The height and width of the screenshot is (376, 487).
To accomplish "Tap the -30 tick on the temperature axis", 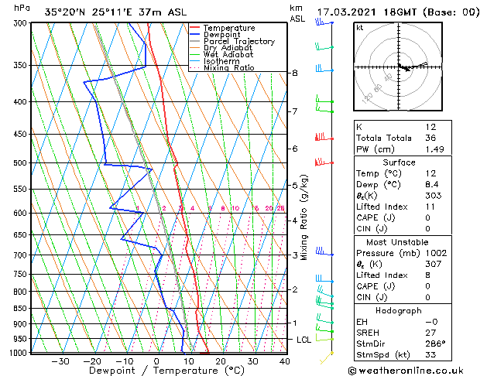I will (x=60, y=361).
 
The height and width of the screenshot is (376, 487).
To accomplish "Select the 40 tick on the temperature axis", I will (x=284, y=361).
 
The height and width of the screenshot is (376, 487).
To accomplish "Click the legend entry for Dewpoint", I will (x=221, y=35).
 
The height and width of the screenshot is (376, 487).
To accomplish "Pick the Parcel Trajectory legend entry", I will (x=238, y=42).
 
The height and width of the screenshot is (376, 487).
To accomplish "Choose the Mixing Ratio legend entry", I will (x=228, y=68).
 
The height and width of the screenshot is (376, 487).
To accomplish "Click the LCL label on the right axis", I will (x=305, y=340).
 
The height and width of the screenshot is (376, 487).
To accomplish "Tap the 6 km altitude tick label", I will (x=294, y=149).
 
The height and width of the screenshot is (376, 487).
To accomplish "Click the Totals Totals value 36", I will (x=431, y=138).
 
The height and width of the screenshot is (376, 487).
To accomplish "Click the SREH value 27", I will (x=431, y=333).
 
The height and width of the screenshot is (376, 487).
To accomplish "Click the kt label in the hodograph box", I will (x=359, y=27).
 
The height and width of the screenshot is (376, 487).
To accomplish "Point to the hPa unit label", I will (x=22, y=8).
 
